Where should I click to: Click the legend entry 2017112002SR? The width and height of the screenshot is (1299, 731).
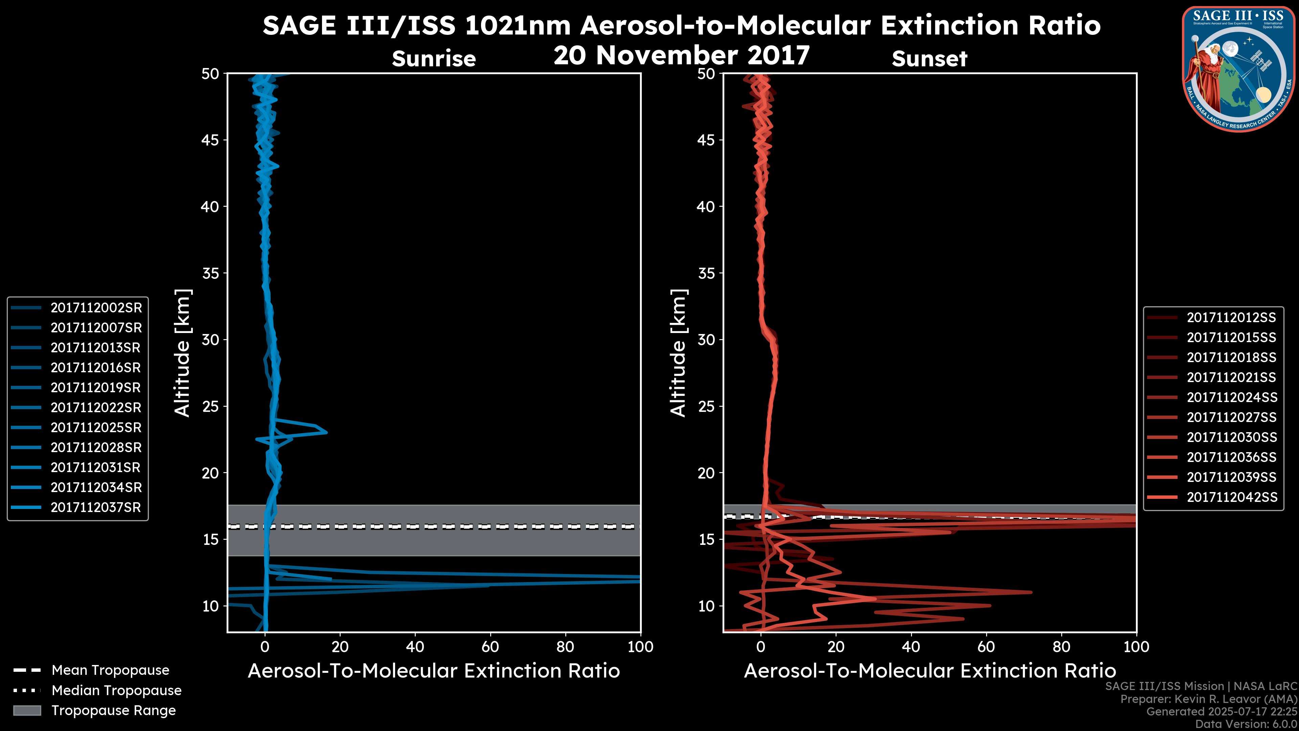(96, 308)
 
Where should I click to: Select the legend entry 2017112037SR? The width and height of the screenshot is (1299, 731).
(96, 508)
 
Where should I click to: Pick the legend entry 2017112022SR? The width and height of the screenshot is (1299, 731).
(96, 407)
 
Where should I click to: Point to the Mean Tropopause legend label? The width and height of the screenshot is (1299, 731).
(110, 670)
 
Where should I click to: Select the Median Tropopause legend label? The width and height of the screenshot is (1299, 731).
(116, 691)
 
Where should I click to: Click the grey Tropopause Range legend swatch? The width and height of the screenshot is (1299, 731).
(27, 710)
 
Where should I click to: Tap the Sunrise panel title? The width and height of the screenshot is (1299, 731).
(434, 59)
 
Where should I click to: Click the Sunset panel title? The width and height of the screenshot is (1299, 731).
(929, 59)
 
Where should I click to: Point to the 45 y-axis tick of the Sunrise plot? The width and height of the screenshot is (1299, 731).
(210, 140)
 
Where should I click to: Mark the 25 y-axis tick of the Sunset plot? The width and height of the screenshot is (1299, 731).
(706, 406)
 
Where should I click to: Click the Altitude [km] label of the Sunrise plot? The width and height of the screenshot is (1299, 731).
(183, 353)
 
